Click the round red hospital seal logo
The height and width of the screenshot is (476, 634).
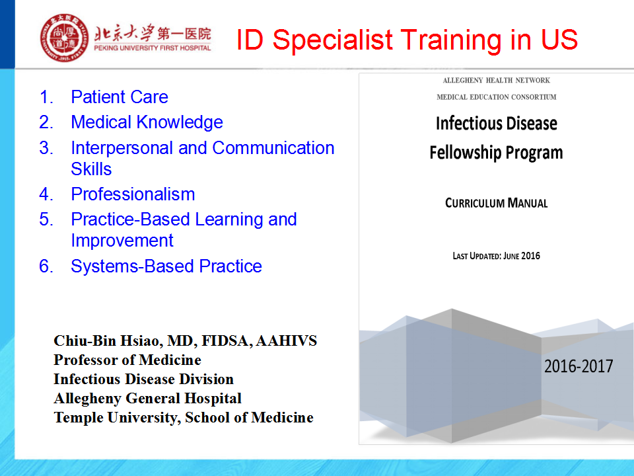[x=64, y=38]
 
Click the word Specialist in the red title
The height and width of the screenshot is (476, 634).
[x=332, y=40]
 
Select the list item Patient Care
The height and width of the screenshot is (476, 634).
[x=120, y=97]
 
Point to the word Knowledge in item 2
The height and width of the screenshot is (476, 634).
[x=180, y=122]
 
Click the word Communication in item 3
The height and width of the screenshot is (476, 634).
[x=273, y=147]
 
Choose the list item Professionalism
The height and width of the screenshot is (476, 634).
[x=133, y=194]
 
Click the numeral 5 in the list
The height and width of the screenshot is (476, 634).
[x=46, y=219]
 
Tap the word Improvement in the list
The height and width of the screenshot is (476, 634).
[x=122, y=241]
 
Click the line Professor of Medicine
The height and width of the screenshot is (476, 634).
[x=127, y=360]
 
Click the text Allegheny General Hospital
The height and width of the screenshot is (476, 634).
[x=147, y=398]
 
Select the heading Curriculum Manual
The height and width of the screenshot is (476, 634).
[x=497, y=203]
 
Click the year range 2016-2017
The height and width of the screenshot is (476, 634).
[x=579, y=366]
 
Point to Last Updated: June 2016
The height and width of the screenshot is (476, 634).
[x=497, y=256]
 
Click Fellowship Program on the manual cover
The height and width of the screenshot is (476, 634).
[x=496, y=153]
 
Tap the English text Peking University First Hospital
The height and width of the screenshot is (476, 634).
[x=153, y=48]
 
